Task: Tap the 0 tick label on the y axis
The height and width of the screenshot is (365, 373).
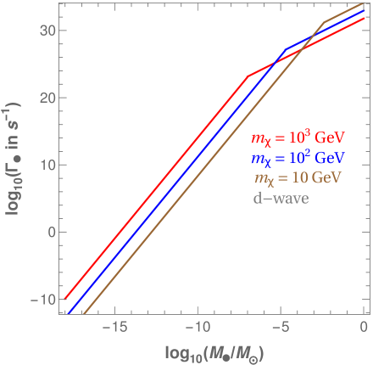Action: [49, 232]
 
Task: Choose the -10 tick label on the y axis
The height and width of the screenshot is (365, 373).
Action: [42, 299]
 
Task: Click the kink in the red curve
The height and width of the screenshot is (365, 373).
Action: [246, 77]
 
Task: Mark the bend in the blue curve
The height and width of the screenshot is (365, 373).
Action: [286, 49]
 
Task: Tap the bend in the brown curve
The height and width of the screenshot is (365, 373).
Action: [325, 22]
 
